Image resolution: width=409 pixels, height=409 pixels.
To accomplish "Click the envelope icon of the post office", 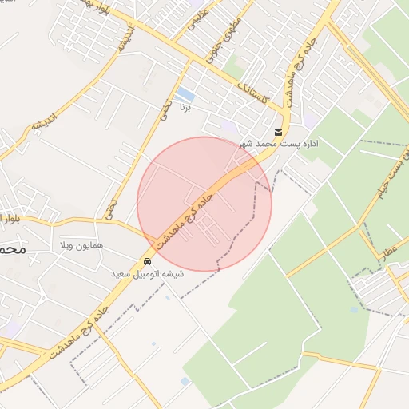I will coord(278,133).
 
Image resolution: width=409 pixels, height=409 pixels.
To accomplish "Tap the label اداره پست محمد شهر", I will coord(279,144).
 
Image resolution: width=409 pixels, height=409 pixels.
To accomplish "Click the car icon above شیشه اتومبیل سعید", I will coord(147,262).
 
